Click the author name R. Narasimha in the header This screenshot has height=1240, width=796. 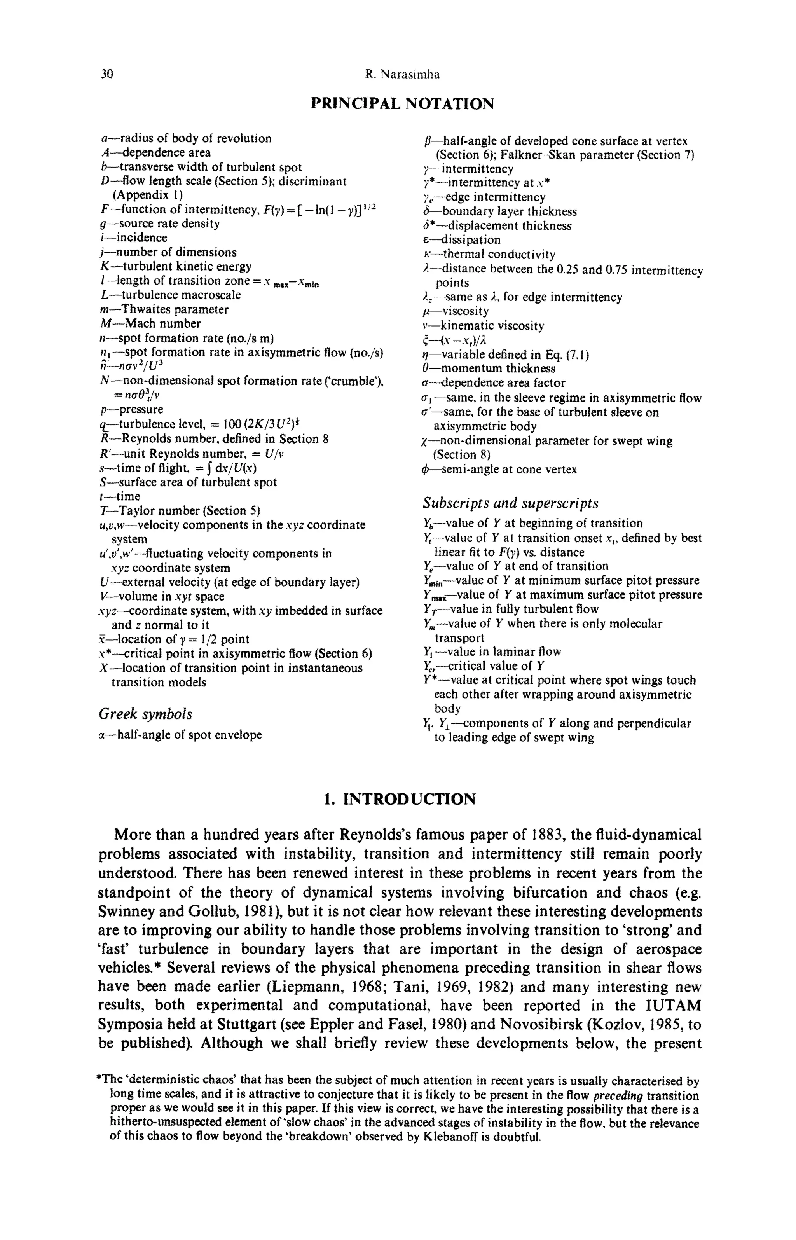tap(402, 74)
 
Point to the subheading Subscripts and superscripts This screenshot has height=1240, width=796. tap(510, 503)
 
